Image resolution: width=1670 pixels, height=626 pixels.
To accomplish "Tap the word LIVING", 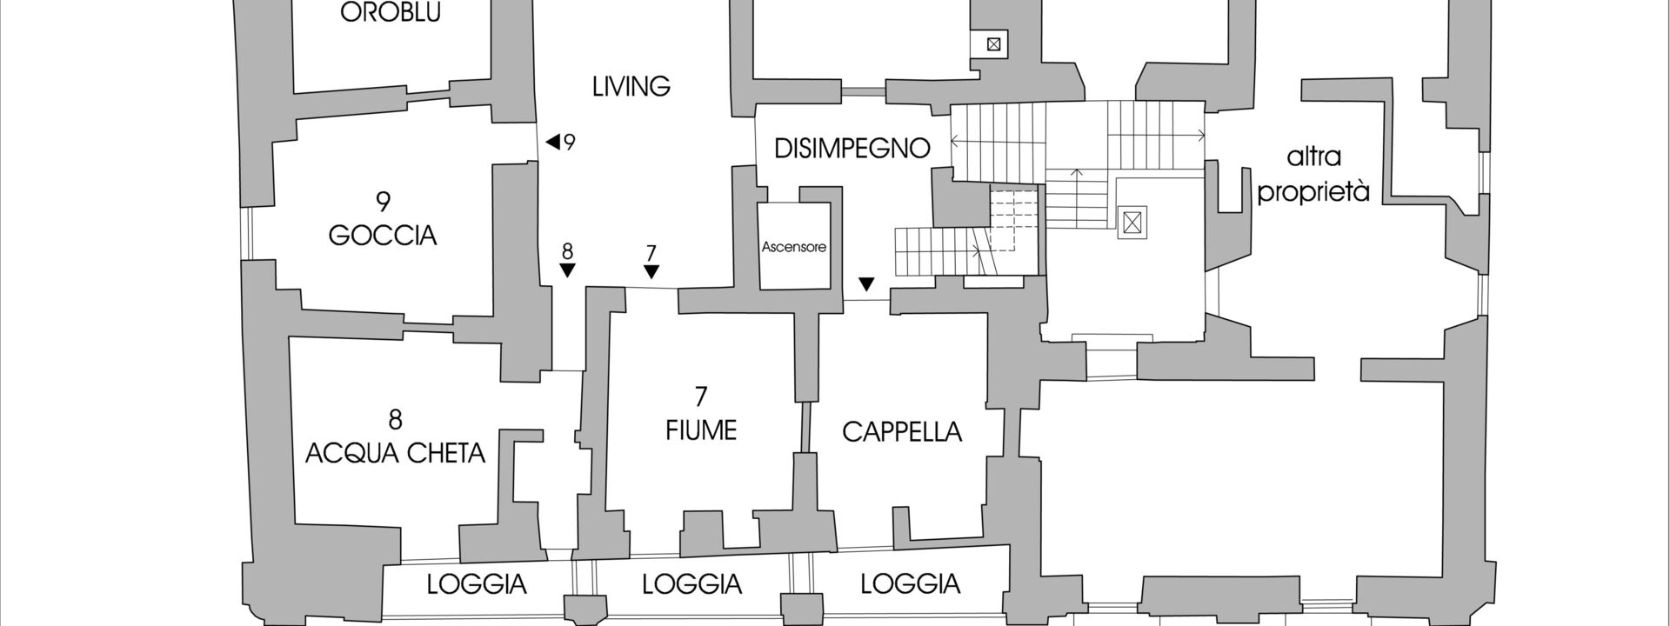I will (x=631, y=87).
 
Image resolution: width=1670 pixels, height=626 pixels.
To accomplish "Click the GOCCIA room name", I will (x=383, y=236).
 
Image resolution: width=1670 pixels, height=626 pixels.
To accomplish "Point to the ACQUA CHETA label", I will (x=395, y=453).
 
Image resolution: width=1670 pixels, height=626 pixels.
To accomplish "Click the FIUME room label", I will (x=701, y=430).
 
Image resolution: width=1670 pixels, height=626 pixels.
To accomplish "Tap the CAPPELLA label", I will (x=902, y=432).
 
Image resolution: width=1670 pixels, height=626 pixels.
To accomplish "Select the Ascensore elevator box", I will (x=793, y=247).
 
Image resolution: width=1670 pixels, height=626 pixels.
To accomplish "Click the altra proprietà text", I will (x=1313, y=175).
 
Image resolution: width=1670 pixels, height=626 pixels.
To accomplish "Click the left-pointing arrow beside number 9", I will (x=552, y=141).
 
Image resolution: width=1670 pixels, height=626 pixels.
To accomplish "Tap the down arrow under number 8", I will (x=567, y=270).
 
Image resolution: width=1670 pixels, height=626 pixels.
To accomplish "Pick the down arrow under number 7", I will (x=651, y=272).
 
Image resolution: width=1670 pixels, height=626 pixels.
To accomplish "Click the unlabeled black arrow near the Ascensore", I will (x=866, y=284).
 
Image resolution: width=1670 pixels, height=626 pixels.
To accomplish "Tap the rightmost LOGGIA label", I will (x=910, y=584).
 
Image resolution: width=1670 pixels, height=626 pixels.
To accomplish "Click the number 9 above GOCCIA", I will (x=383, y=202).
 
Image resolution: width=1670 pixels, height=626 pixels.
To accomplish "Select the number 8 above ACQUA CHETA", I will (x=395, y=420).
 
